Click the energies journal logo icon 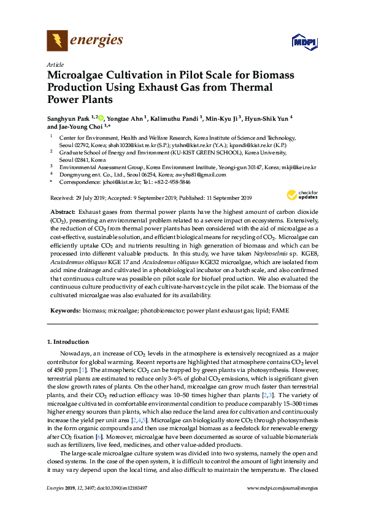click(58, 41)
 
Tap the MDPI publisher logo click(301, 42)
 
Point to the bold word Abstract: click(63, 211)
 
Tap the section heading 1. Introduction click(67, 341)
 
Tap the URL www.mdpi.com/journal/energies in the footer click(282, 505)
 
